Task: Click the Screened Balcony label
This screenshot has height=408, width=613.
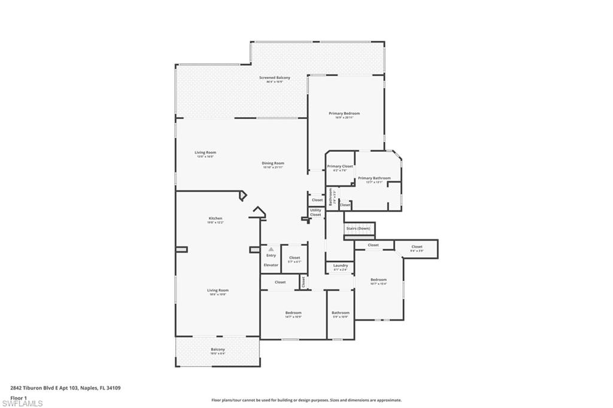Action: click(x=275, y=78)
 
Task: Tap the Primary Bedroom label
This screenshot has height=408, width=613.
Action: click(x=344, y=113)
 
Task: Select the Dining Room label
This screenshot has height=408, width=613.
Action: click(x=272, y=163)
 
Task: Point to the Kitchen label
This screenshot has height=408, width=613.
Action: click(x=216, y=218)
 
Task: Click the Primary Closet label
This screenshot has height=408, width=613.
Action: click(x=340, y=166)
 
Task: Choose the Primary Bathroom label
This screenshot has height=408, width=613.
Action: click(x=374, y=178)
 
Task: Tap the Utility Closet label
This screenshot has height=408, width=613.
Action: click(x=315, y=212)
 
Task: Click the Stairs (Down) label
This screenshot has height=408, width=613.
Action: click(x=358, y=229)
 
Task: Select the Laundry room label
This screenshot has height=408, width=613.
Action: click(x=340, y=266)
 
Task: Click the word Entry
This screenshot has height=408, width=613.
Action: click(x=271, y=255)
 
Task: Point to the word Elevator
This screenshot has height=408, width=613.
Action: click(x=271, y=264)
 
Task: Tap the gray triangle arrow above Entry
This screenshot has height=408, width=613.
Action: click(x=271, y=249)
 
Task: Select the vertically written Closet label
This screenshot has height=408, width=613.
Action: click(x=304, y=281)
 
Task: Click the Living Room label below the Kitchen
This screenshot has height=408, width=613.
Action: click(x=218, y=290)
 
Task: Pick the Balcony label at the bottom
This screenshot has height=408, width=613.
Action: click(x=218, y=349)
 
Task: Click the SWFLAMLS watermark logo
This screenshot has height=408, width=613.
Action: click(x=22, y=403)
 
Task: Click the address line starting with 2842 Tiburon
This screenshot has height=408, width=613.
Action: click(x=65, y=388)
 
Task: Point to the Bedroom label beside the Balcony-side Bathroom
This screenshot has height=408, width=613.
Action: click(x=293, y=313)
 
